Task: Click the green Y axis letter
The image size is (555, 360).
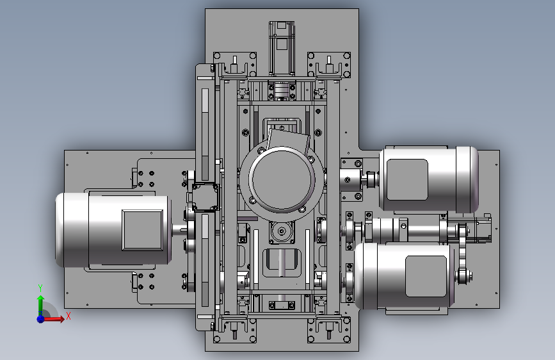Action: coord(40,288)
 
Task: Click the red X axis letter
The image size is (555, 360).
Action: coord(68,316)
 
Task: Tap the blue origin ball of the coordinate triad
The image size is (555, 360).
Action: coord(41,319)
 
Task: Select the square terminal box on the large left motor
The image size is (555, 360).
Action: coord(143,230)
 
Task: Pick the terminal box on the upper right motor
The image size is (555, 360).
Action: coord(407,179)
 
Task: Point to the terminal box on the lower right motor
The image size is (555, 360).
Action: coord(426,276)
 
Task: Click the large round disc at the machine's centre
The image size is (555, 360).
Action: coord(282,179)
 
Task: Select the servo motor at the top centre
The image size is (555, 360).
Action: coord(282,48)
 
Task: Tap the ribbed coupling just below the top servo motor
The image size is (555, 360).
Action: coord(282,90)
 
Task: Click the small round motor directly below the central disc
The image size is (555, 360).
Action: coord(282,232)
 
